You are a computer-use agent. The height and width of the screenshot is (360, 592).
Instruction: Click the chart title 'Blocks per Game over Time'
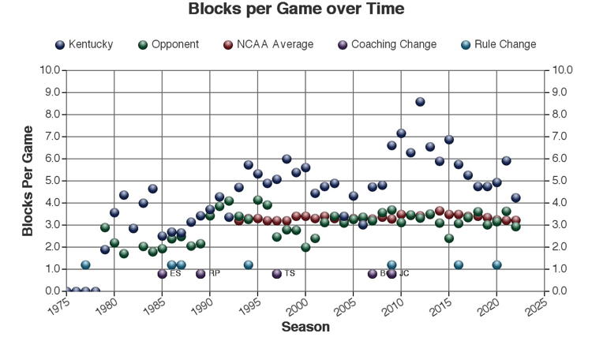296,9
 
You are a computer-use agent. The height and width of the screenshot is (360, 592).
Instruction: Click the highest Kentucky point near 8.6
420,102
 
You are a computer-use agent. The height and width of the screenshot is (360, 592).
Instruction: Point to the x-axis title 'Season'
305,327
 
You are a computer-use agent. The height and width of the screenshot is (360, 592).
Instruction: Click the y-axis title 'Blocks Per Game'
28,181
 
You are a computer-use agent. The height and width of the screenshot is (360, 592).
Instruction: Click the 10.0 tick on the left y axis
51,70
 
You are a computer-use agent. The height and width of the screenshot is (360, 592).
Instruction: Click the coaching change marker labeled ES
162,274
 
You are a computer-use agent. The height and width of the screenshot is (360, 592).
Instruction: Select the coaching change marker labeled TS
276,274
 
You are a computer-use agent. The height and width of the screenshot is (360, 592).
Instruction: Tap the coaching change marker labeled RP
200,274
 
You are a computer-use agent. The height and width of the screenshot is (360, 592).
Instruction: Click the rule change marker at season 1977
85,265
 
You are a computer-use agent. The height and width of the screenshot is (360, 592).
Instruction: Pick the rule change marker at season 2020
496,265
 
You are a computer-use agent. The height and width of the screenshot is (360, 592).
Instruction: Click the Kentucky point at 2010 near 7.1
401,133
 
